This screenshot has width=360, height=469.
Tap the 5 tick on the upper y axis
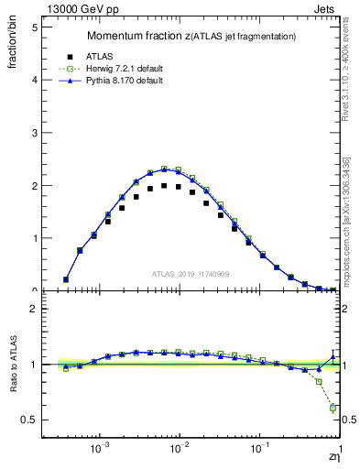click(35, 27)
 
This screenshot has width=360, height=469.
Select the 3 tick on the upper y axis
click(35, 133)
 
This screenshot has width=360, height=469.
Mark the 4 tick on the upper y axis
click(35, 80)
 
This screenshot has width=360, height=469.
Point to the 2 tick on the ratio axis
click(35, 309)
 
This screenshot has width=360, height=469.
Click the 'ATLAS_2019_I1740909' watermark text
click(191, 274)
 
